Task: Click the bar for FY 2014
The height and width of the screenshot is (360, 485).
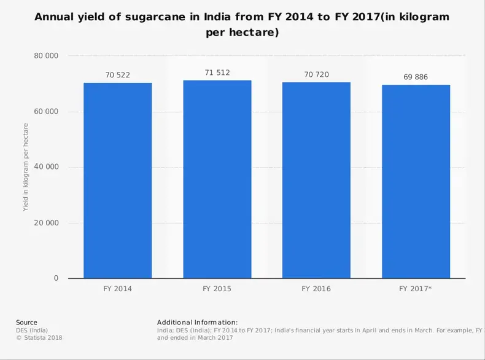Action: click(118, 181)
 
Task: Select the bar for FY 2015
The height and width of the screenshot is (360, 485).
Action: click(217, 179)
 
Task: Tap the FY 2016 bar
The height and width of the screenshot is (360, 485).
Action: click(316, 180)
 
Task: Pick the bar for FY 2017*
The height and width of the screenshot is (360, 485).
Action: click(416, 181)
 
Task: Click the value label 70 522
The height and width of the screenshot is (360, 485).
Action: click(118, 75)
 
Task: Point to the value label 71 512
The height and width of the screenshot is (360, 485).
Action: click(217, 72)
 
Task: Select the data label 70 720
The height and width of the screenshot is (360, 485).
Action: click(316, 74)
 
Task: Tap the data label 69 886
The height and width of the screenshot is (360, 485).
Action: click(416, 77)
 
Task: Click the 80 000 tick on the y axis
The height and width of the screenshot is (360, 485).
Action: click(46, 56)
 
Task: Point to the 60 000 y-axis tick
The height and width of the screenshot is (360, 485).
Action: click(46, 112)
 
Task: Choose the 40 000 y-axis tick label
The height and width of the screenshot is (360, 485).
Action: click(46, 167)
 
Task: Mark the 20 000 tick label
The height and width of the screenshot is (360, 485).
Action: click(46, 223)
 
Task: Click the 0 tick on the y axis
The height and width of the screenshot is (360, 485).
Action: click(56, 278)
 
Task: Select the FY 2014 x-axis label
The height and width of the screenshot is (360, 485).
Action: click(118, 288)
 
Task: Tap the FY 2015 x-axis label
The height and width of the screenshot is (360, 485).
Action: click(217, 288)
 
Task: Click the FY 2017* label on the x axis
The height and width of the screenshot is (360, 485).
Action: click(416, 288)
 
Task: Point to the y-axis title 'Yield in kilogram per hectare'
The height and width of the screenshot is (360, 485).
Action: click(26, 167)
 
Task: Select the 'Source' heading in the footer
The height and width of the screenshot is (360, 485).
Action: click(26, 322)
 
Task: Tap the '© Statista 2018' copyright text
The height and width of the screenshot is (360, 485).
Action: click(39, 337)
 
